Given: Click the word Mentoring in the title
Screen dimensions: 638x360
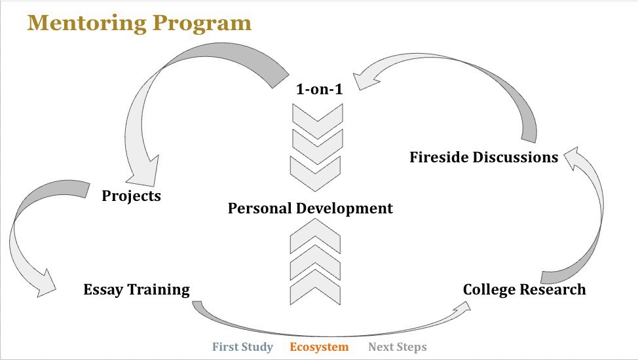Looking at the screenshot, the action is click(x=86, y=23).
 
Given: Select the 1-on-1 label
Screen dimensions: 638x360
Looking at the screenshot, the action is click(x=320, y=89).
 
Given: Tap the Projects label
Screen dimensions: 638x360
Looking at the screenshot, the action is click(x=131, y=196).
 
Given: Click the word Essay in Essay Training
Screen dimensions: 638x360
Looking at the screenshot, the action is click(x=103, y=289).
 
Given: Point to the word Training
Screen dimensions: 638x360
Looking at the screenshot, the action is click(x=159, y=290).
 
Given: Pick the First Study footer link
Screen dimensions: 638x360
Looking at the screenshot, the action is click(x=242, y=347).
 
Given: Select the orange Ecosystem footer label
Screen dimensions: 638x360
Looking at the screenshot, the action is click(x=319, y=347).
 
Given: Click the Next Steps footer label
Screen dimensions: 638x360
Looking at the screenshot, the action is click(x=398, y=347).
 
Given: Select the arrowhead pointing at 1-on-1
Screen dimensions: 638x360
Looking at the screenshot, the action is click(x=365, y=80).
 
